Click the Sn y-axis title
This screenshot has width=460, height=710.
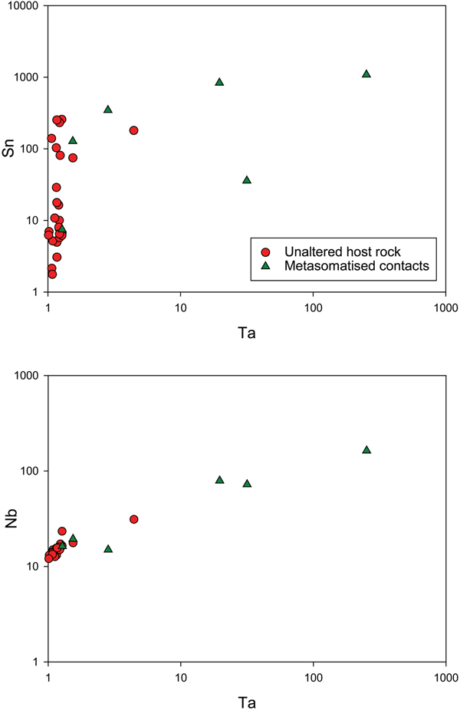coord(10,149)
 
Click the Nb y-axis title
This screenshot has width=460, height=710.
coord(10,519)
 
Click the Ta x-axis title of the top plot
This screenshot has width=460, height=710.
coord(247,335)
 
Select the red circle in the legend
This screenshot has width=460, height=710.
coord(265,251)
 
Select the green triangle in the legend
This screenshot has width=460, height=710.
coord(265,266)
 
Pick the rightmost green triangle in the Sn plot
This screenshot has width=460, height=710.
coord(366,74)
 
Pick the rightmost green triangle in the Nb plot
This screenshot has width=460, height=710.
coord(366,449)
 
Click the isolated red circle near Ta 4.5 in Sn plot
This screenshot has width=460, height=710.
coord(133,130)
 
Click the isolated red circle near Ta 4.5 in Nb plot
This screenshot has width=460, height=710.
coord(133,519)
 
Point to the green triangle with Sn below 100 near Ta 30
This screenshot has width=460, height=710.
coord(247,179)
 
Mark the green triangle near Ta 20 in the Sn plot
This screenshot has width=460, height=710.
coord(219,81)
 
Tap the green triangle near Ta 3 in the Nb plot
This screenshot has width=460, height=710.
coord(108,548)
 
